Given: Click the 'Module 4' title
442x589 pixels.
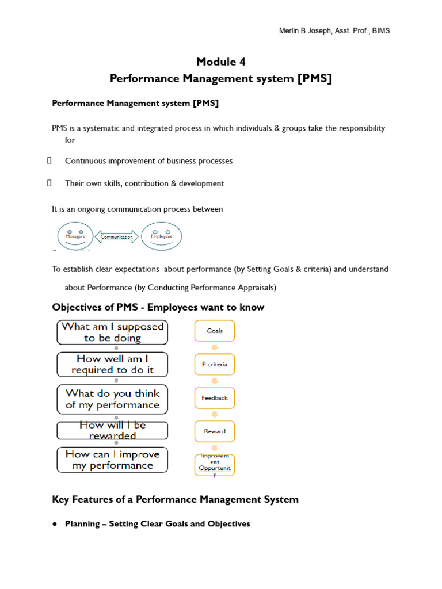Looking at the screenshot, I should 221,62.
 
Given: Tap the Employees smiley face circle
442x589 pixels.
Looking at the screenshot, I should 161,236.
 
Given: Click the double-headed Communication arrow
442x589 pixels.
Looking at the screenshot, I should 117,236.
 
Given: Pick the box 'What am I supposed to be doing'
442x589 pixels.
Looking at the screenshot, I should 112,332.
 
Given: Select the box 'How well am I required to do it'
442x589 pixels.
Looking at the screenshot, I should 112,365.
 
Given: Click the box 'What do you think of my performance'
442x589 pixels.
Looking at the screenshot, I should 112,399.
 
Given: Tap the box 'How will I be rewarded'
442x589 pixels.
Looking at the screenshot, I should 112,430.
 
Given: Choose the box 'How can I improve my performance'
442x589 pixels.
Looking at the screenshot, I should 112,460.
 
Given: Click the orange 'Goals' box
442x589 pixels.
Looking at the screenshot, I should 214,331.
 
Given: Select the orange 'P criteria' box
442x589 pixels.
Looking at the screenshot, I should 214,364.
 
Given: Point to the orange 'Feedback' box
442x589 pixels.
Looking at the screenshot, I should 214,397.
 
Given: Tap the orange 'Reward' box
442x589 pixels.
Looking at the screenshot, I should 214,431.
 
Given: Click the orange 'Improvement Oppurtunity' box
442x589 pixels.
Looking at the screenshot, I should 214,465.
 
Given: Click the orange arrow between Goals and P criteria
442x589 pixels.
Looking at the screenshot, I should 214,348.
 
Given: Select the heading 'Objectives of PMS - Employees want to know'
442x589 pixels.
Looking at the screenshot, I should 158,307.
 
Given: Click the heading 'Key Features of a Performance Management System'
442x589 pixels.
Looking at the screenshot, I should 175,499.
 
